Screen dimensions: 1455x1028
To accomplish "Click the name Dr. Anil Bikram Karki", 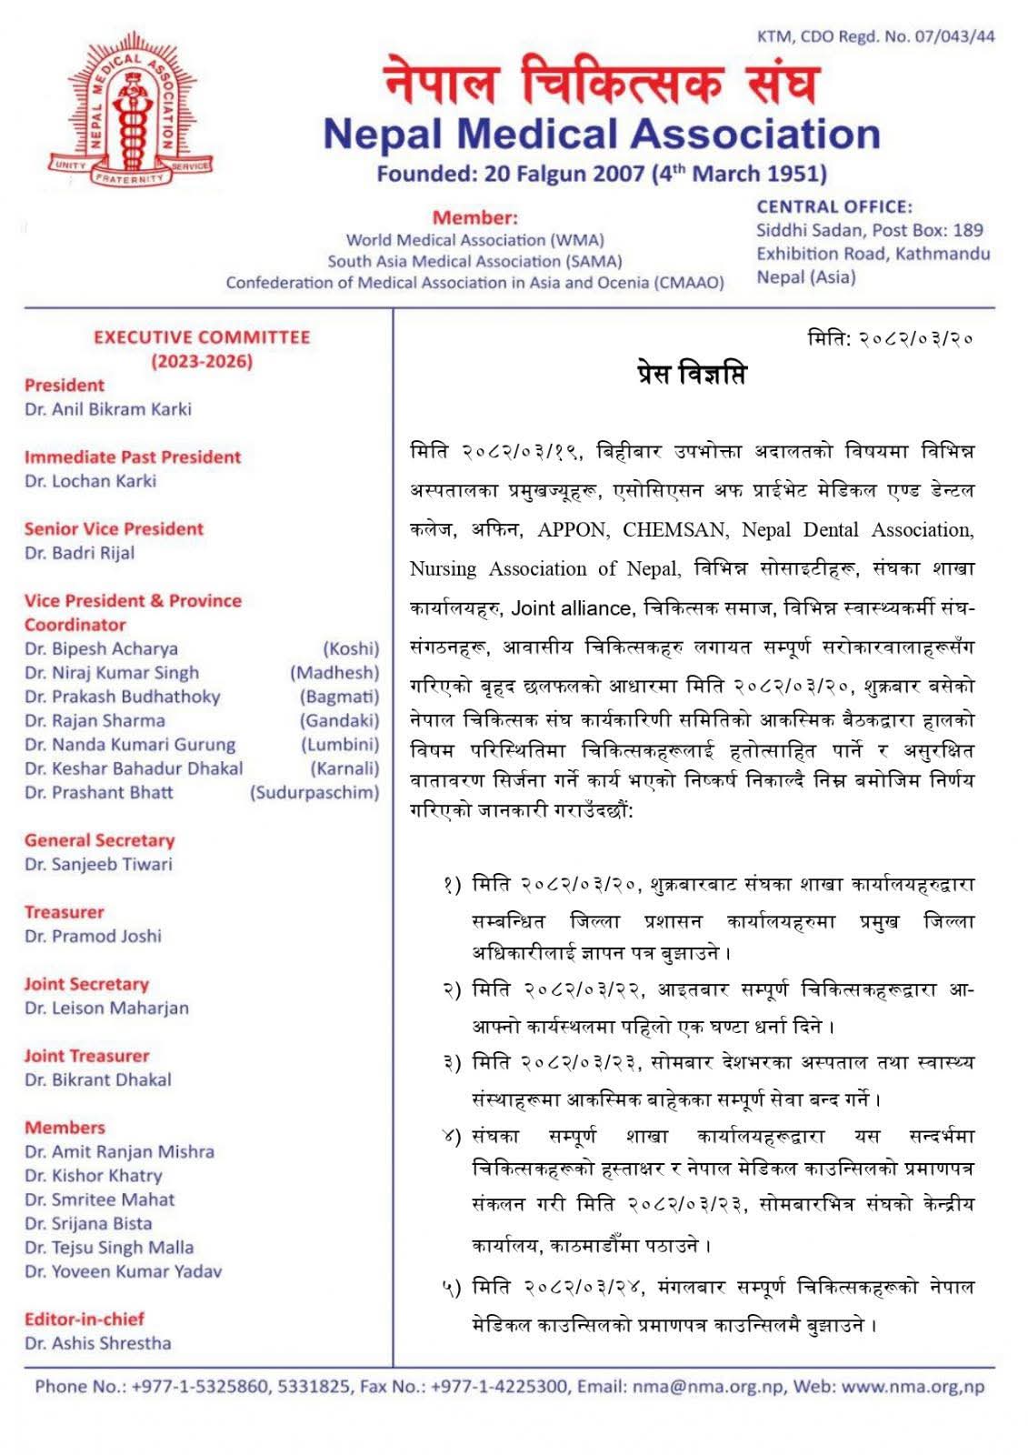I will pos(108,409).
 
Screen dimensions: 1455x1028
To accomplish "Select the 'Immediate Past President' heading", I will pos(133,457).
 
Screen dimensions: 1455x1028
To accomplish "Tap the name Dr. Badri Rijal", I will pos(80,553).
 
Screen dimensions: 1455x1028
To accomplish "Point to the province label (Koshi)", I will pos(351,649).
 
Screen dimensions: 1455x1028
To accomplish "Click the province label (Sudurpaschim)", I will pos(314,793).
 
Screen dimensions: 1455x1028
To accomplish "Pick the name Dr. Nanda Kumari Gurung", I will pos(130,745).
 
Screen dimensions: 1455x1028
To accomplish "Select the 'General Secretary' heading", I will pos(99,840).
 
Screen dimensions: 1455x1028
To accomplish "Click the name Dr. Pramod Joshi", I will pos(93,936).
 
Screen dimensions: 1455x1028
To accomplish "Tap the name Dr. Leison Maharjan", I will pos(106,1008).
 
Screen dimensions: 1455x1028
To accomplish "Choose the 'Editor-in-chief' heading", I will pos(85,1320).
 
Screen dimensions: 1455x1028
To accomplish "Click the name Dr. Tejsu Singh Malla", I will pos(109,1248).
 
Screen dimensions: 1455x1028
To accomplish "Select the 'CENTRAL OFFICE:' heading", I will pos(834,207).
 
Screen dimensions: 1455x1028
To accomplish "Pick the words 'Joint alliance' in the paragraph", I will pos(571,608).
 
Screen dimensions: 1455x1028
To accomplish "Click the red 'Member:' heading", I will pos(474,217).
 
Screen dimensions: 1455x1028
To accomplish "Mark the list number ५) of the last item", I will pos(452,1287).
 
